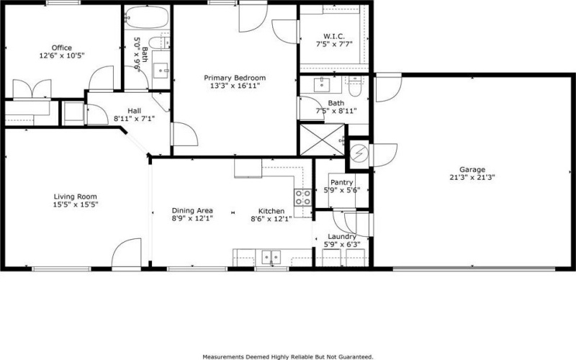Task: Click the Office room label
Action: [62, 48]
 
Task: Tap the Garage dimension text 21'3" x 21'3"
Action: [472, 177]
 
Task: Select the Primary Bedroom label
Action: [235, 78]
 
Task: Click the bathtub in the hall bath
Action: [147, 17]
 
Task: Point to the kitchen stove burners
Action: [303, 197]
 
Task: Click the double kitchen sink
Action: [271, 257]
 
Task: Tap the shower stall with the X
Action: [322, 140]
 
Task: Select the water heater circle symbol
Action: [359, 154]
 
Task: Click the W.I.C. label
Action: [334, 37]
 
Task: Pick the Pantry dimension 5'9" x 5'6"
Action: [341, 190]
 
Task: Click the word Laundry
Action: [341, 237]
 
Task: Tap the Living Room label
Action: [76, 197]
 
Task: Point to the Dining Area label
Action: [192, 210]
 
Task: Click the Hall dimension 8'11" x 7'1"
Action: [134, 119]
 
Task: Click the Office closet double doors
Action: [32, 89]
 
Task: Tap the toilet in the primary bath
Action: [355, 86]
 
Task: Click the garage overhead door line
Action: [474, 269]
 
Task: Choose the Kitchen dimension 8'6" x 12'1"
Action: [271, 220]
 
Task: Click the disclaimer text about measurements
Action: [287, 356]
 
